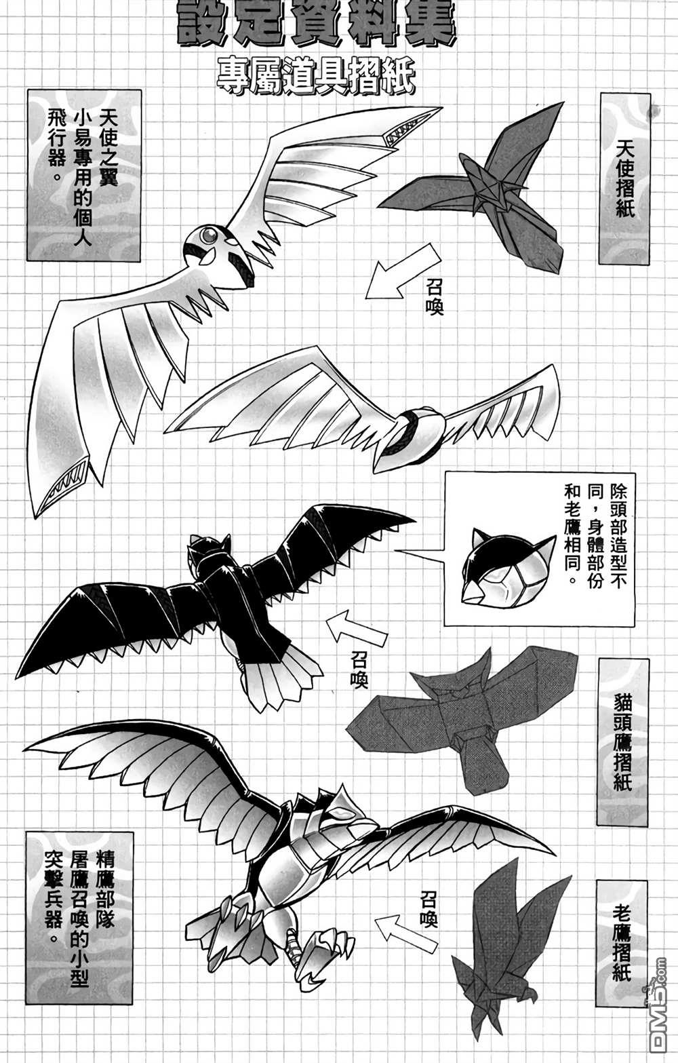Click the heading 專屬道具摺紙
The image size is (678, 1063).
coord(316,77)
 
